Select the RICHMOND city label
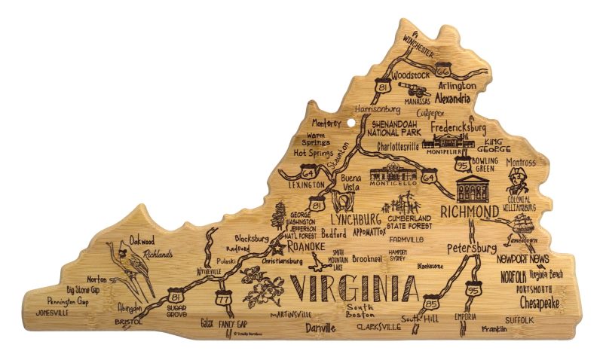pyautogui.click(x=469, y=211)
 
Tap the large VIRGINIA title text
pyautogui.click(x=353, y=288)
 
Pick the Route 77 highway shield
pyautogui.click(x=222, y=298)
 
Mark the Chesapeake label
pyautogui.click(x=539, y=304)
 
